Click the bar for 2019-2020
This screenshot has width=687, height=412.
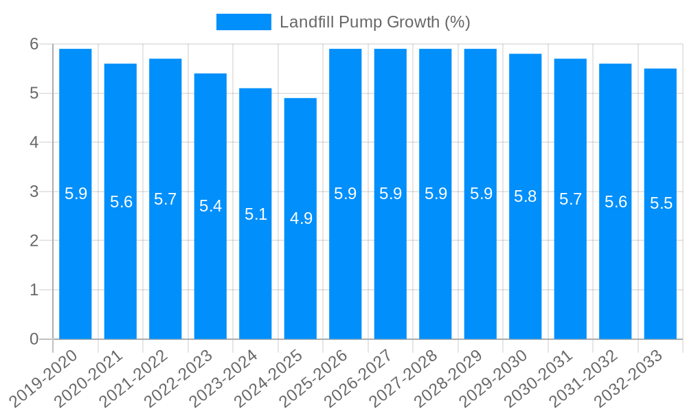tap(76, 194)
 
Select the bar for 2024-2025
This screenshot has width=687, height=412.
tap(300, 218)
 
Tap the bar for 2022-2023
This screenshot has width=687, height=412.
tap(210, 206)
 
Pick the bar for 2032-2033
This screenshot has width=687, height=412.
tap(660, 203)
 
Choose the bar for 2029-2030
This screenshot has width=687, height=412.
tap(526, 196)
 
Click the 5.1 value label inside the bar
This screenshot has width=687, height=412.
tap(256, 214)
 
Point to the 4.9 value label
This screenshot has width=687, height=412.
tap(301, 218)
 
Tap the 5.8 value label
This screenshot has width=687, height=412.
tap(526, 196)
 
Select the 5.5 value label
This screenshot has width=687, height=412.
tap(661, 203)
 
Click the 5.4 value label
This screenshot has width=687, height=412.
tap(210, 206)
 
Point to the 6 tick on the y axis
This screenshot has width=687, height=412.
tap(34, 44)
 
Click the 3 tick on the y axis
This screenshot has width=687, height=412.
tap(34, 192)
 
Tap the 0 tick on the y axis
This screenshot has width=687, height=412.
tap(34, 339)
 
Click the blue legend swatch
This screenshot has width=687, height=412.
tap(243, 22)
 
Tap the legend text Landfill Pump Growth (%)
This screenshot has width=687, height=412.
tap(374, 22)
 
